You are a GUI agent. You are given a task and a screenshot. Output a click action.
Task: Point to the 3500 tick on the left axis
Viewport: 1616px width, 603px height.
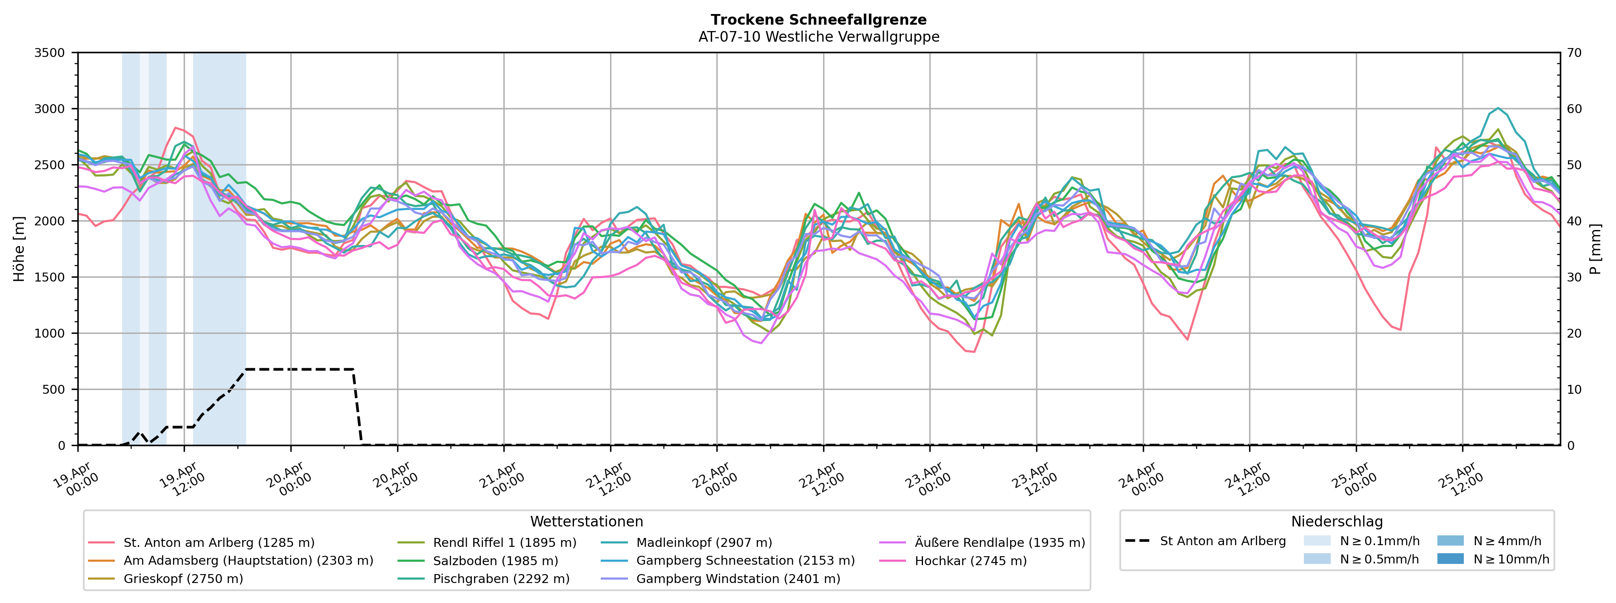click(50, 53)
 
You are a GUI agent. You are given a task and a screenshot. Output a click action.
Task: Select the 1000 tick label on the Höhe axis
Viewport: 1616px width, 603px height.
click(50, 333)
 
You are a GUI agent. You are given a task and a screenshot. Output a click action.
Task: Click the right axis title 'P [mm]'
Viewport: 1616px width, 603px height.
click(1595, 249)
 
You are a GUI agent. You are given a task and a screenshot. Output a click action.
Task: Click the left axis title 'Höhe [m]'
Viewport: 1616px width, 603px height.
click(20, 249)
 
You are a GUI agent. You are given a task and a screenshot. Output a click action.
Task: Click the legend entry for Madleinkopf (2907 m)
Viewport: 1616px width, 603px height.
click(704, 543)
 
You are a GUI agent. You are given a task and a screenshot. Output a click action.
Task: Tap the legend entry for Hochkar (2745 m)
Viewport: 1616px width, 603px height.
click(971, 561)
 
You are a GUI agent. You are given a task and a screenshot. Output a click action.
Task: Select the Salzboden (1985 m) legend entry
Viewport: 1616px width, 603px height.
click(495, 561)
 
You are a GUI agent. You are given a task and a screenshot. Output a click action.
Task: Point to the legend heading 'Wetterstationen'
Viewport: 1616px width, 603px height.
click(587, 521)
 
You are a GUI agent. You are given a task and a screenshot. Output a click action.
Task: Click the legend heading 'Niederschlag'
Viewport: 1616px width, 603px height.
click(1336, 521)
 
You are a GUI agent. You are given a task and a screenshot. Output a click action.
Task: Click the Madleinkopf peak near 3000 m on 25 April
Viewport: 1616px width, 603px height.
click(1498, 108)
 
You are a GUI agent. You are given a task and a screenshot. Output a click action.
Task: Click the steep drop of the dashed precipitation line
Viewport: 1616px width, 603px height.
click(357, 405)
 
